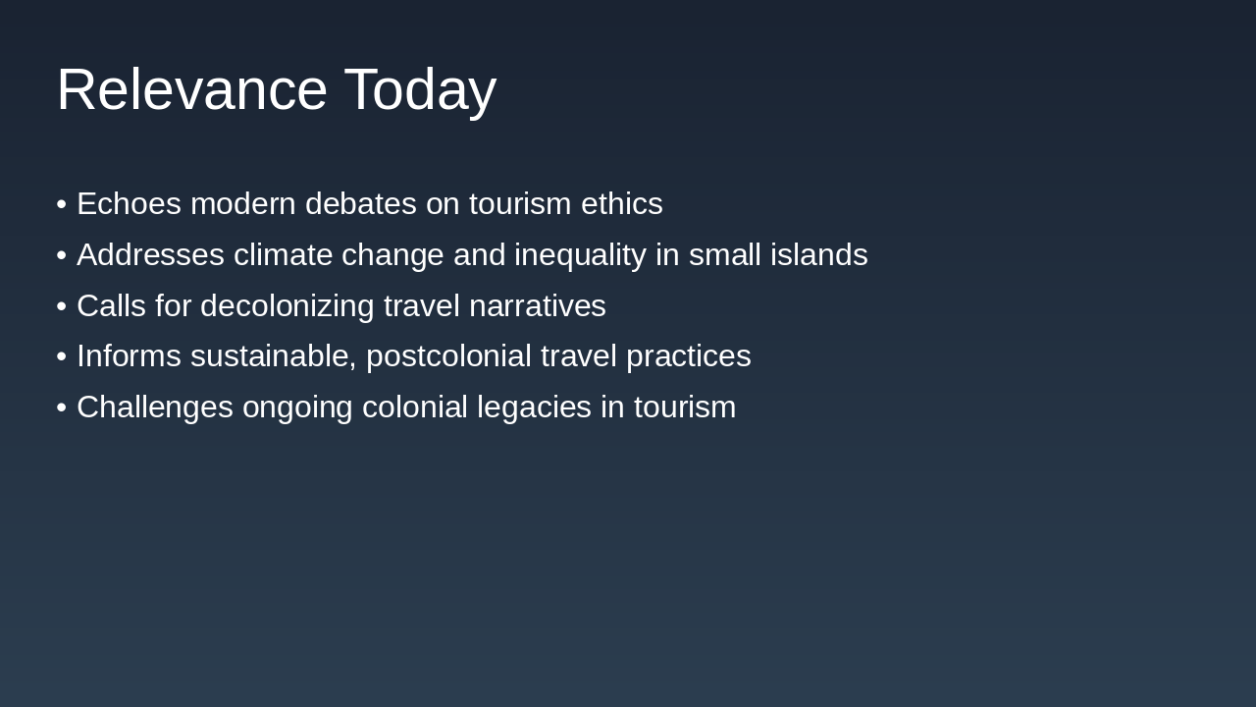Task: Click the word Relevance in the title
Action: click(191, 89)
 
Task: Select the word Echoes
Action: click(129, 204)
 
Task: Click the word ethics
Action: click(621, 204)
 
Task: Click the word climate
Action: click(283, 255)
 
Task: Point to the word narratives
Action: click(537, 306)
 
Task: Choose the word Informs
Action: click(129, 356)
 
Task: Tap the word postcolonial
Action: click(448, 356)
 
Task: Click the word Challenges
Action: click(155, 408)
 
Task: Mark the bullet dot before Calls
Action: click(62, 306)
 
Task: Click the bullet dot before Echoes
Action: click(62, 204)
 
